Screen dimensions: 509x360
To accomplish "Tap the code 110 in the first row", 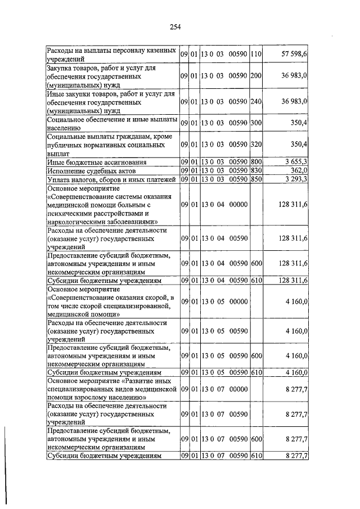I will coord(256,54).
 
